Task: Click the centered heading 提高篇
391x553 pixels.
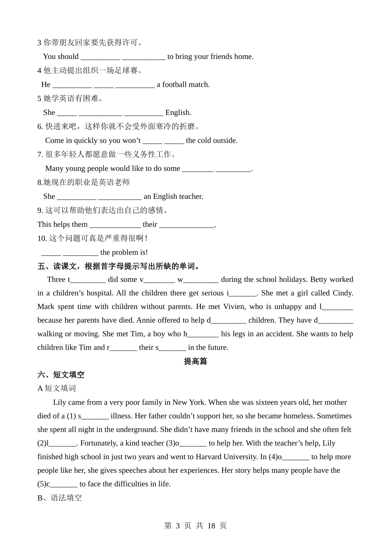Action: (x=195, y=361)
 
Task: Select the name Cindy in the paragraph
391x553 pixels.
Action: (x=342, y=293)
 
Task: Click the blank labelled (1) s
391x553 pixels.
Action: (x=95, y=416)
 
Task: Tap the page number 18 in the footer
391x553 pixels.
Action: (x=211, y=525)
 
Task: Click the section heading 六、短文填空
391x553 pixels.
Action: (x=61, y=375)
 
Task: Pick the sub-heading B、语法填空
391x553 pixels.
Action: (x=60, y=498)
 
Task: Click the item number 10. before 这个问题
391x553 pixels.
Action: (x=42, y=238)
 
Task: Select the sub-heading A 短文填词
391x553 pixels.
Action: (x=57, y=388)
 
